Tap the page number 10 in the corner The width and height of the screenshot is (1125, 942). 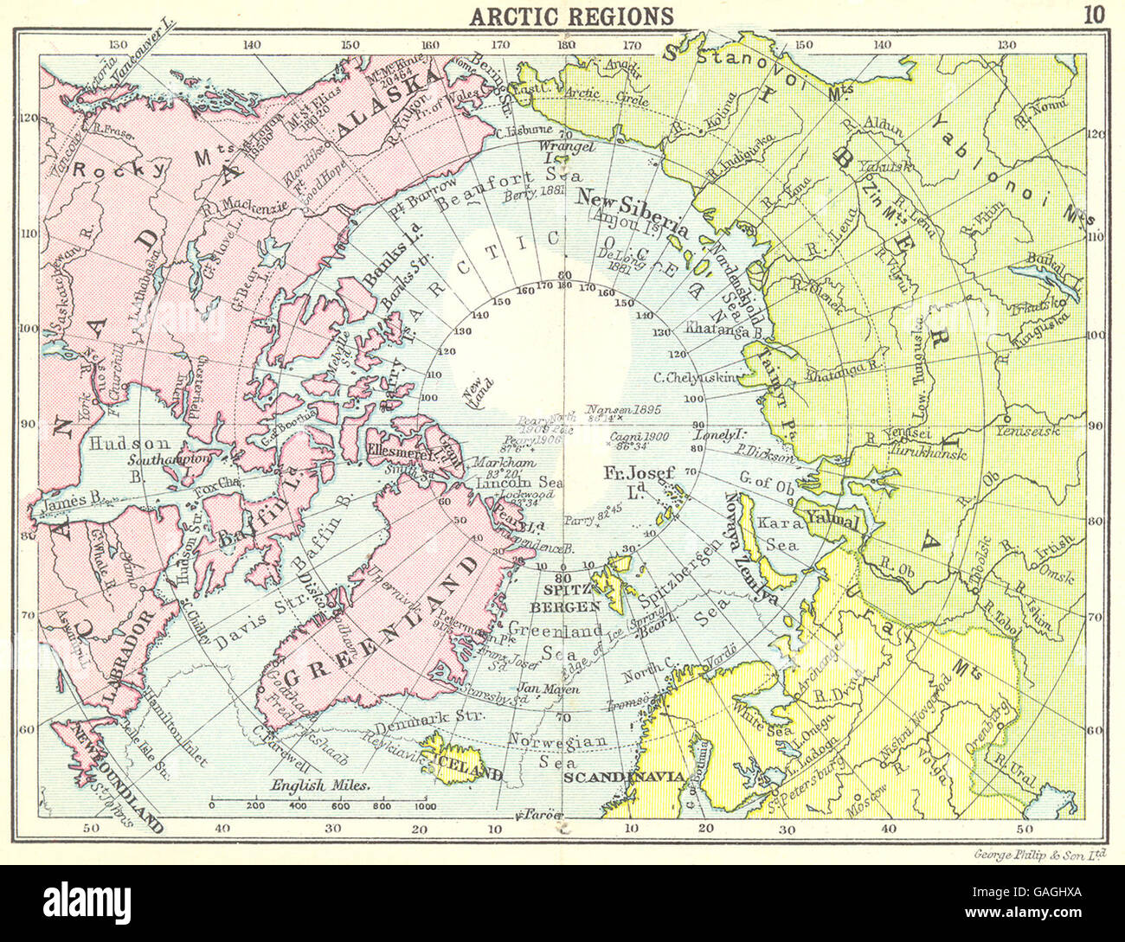1093,14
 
